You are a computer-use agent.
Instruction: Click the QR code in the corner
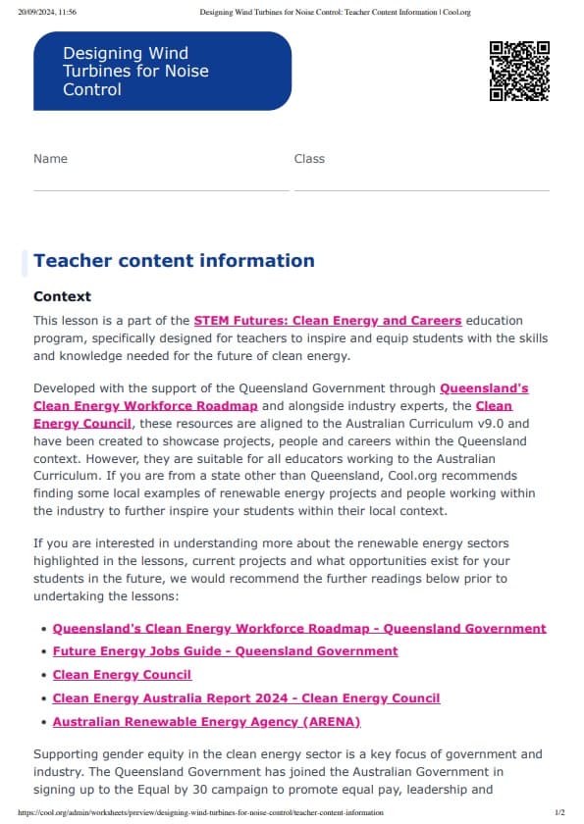[x=518, y=71]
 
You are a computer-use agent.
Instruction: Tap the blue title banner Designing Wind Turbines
[x=162, y=71]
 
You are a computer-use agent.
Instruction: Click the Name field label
[x=50, y=159]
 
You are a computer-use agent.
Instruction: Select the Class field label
[x=309, y=159]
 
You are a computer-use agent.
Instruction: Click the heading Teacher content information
[x=174, y=261]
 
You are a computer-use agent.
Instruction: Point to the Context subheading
[x=62, y=296]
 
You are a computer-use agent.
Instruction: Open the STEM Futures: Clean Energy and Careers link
[x=327, y=321]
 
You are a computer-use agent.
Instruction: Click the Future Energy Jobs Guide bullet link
[x=225, y=651]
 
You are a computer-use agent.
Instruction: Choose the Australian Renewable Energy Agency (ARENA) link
[x=206, y=722]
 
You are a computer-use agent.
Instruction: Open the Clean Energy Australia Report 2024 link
[x=245, y=698]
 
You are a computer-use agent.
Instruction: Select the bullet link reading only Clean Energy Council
[x=122, y=675]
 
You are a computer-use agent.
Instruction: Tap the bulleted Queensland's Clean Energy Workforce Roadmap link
[x=299, y=628]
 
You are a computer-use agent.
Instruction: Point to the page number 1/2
[x=559, y=813]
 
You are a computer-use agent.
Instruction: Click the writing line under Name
[x=161, y=189]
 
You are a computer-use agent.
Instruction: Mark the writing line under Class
[x=421, y=189]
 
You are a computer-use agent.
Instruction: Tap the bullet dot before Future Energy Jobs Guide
[x=42, y=651]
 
